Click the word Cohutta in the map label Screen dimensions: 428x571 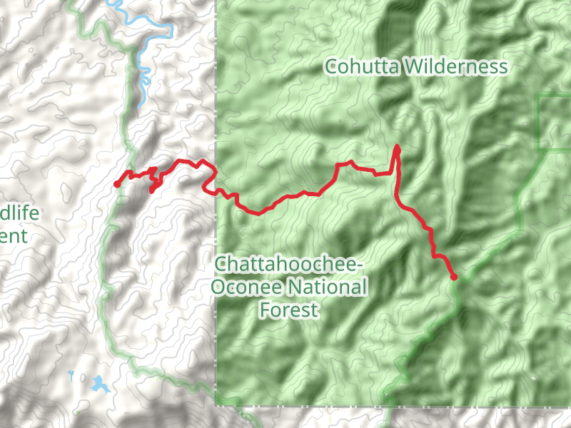[363, 67]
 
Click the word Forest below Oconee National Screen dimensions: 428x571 [289, 310]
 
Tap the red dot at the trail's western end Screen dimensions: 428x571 [117, 185]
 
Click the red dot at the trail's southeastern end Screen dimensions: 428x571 [453, 277]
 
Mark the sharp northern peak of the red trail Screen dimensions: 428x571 [397, 146]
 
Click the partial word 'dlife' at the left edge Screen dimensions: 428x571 [19, 213]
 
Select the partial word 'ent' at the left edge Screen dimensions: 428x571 [14, 236]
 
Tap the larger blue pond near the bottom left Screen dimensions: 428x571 [98, 384]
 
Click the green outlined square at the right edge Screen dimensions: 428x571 [555, 122]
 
